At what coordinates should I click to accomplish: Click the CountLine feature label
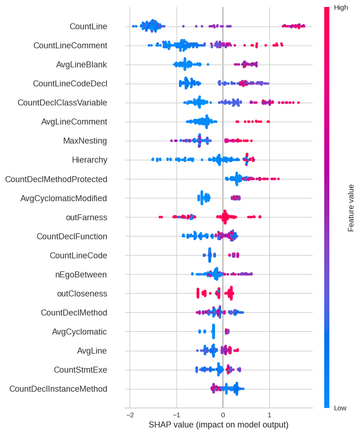tap(88, 26)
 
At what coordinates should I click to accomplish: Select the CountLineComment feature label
tap(70, 46)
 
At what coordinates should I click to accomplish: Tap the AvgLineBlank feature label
tap(81, 65)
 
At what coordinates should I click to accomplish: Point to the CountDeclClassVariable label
tap(62, 103)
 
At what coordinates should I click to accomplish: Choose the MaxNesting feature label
tap(85, 141)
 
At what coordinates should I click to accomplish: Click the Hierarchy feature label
tap(90, 160)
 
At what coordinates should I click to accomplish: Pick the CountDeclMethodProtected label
tap(56, 179)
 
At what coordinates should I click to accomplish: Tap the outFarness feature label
tap(86, 217)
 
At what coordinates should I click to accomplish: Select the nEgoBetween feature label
tap(81, 275)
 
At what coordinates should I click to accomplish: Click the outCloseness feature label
tap(82, 294)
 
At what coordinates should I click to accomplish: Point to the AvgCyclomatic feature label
tap(79, 332)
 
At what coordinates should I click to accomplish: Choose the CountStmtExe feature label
tap(80, 370)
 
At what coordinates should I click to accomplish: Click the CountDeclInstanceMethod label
tap(58, 389)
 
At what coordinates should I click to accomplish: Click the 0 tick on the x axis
tap(223, 414)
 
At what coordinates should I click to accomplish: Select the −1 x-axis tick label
tap(176, 414)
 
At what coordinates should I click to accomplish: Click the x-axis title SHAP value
tap(218, 425)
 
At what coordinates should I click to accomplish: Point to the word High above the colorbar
tap(341, 7)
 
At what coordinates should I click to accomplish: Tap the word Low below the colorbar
tap(340, 408)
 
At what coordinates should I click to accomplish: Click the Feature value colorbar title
tap(351, 208)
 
